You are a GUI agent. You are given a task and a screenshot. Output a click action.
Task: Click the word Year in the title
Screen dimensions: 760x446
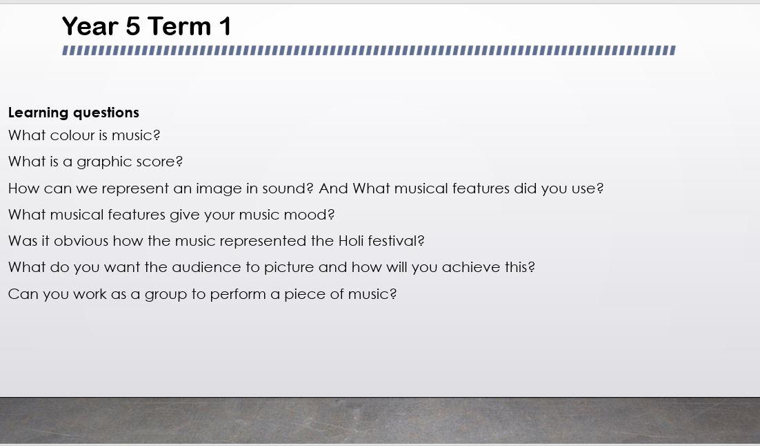90,26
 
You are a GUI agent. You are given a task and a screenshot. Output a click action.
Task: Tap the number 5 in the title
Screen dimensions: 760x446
132,26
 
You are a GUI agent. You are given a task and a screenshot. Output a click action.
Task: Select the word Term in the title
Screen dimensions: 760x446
179,26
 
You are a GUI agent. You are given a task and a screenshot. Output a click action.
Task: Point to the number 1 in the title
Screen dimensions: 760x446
226,26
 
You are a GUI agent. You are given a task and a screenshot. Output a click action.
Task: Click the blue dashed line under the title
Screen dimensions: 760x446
369,50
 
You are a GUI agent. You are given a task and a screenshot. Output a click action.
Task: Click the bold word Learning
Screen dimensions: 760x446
39,113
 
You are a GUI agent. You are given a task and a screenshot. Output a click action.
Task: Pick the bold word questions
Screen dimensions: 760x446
106,113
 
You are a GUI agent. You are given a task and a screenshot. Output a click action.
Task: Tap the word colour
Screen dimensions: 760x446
72,135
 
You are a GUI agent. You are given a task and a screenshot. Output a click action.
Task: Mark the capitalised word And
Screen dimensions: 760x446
334,188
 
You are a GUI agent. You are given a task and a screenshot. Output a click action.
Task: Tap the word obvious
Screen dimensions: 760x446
81,241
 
